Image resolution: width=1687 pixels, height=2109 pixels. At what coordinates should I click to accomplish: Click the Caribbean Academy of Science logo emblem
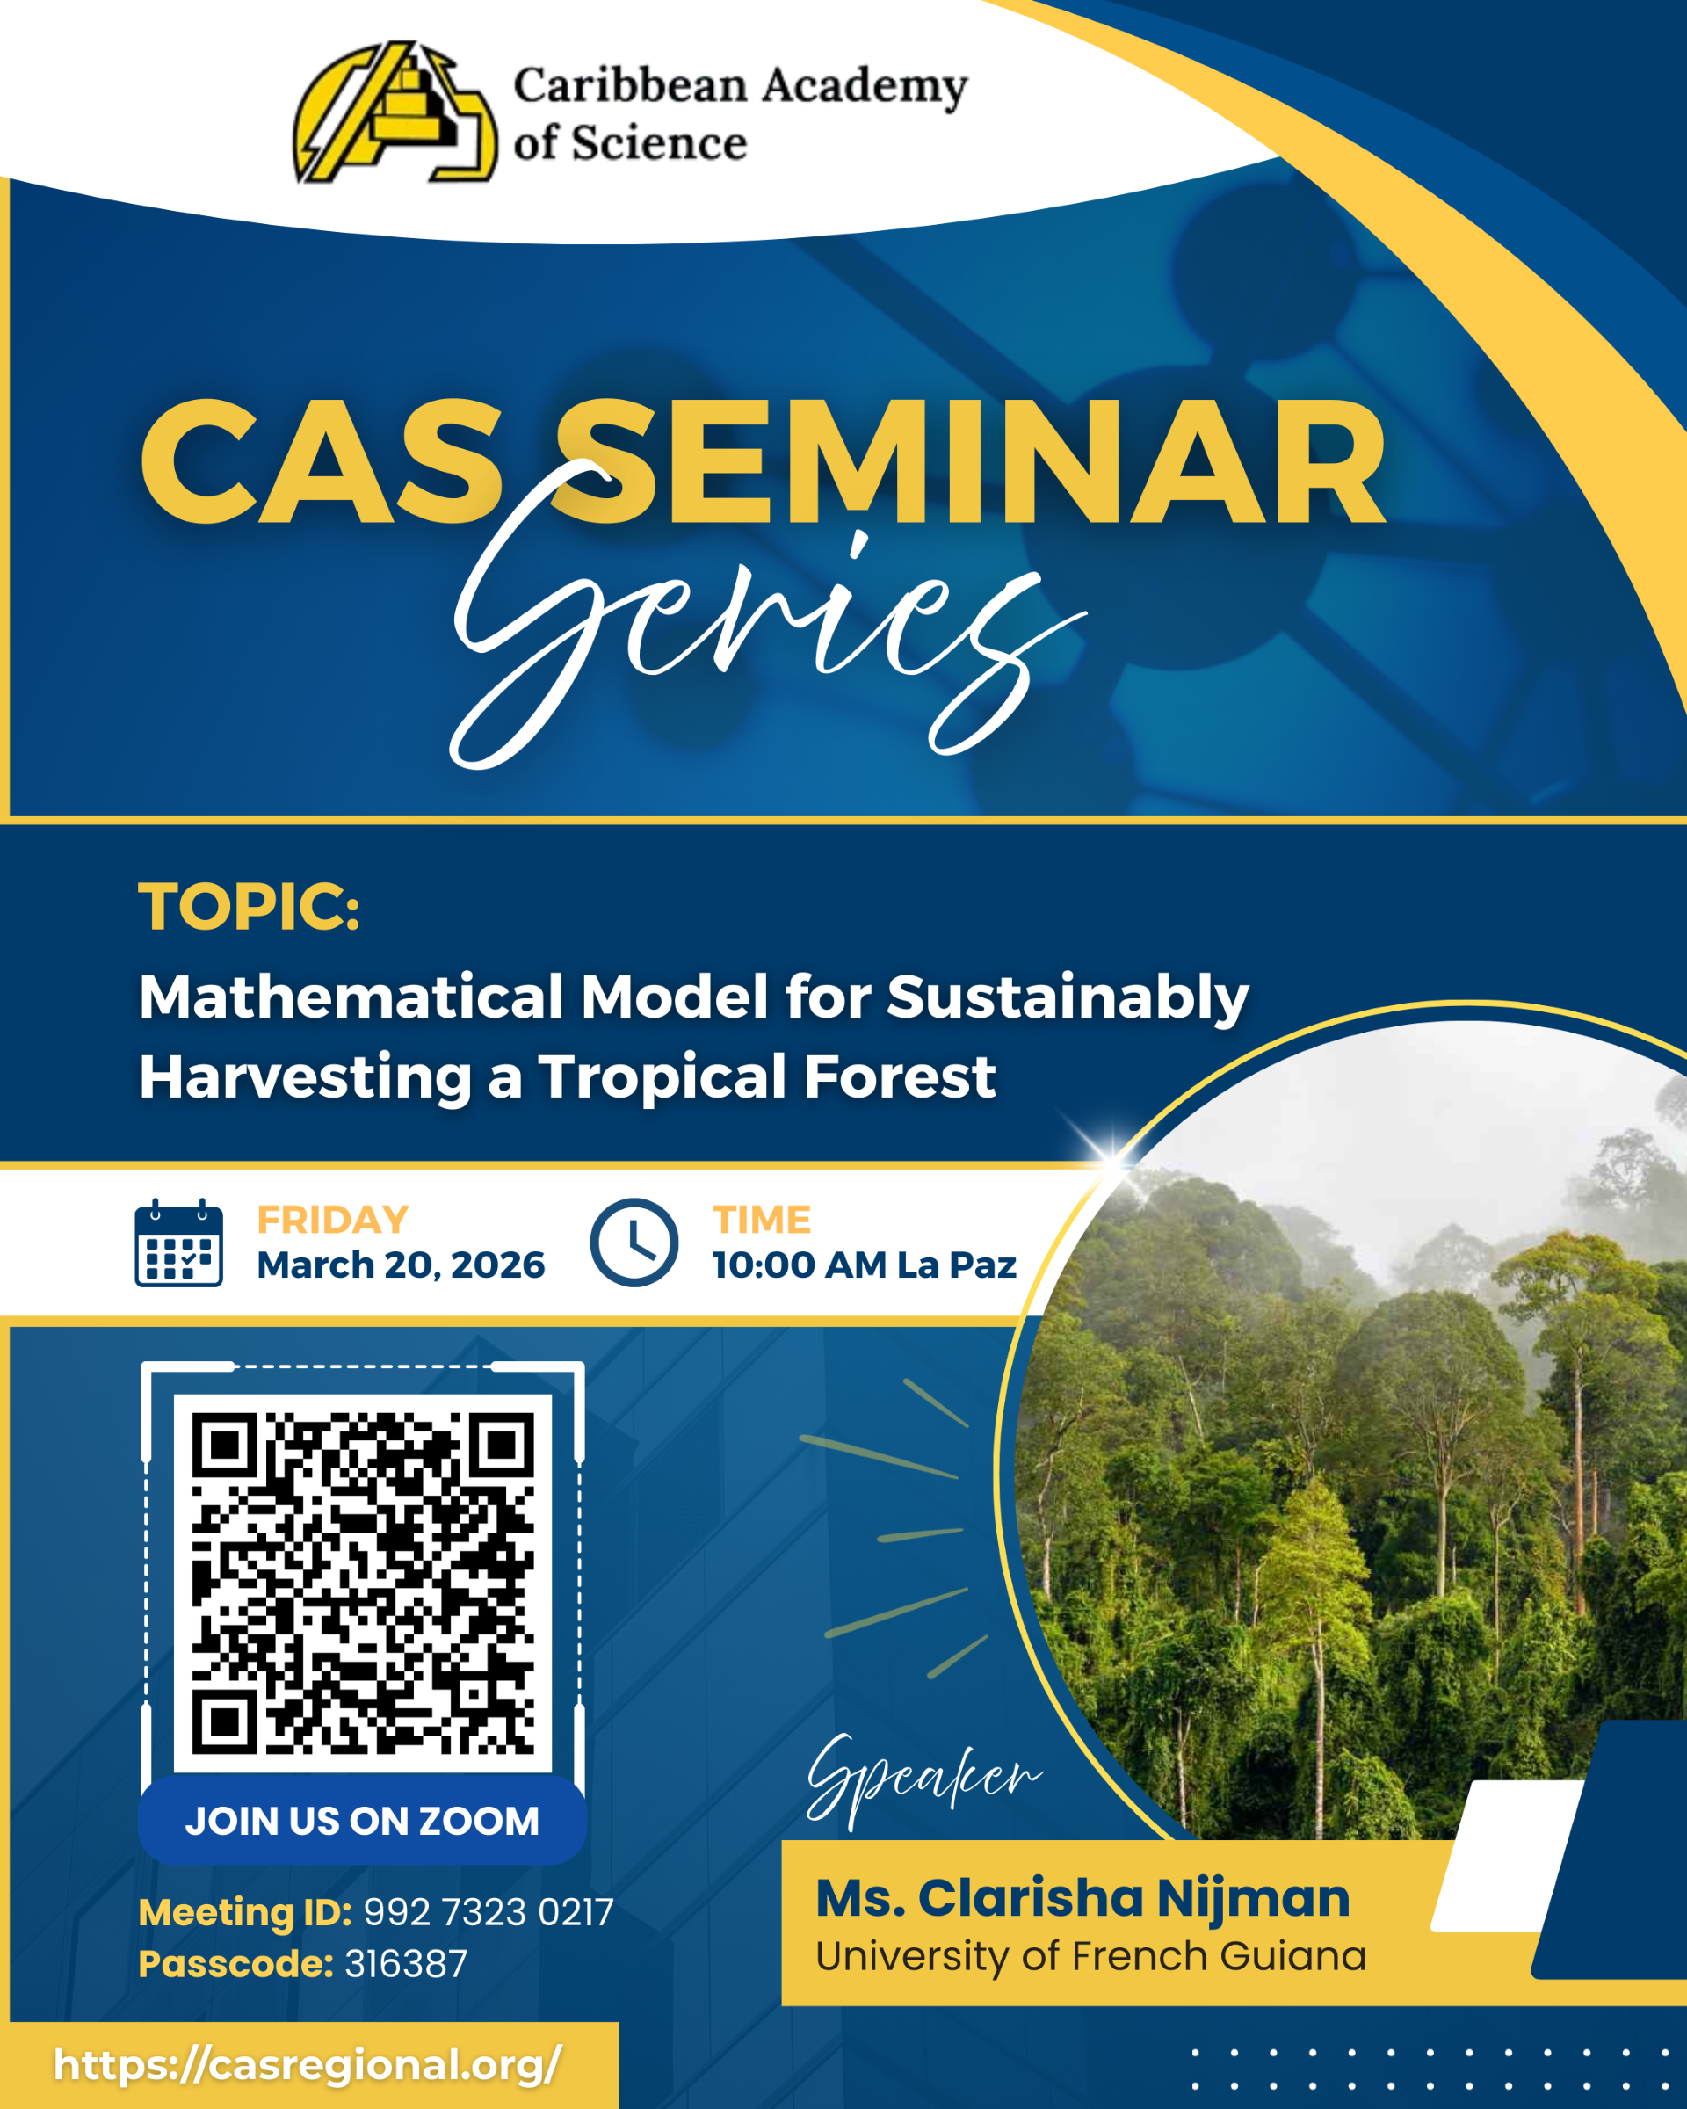click(395, 112)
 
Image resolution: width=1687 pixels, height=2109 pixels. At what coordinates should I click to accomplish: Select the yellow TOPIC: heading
click(250, 907)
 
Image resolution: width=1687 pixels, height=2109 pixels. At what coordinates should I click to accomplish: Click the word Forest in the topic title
click(899, 1077)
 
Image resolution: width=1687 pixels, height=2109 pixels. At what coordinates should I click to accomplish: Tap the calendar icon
click(179, 1243)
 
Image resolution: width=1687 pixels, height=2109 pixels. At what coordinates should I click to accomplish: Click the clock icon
click(634, 1243)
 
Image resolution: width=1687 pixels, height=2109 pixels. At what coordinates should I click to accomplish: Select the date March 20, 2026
click(401, 1265)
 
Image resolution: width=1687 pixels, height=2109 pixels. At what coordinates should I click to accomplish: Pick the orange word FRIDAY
click(332, 1220)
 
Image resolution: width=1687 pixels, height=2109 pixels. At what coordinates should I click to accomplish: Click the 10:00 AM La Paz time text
click(865, 1265)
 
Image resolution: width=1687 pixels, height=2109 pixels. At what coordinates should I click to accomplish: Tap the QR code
click(363, 1584)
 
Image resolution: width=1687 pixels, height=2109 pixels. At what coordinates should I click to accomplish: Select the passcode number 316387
click(406, 1963)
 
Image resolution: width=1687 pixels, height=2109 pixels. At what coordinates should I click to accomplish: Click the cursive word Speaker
click(924, 1778)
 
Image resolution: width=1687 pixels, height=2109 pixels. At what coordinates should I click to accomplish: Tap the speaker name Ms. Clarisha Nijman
click(1082, 1900)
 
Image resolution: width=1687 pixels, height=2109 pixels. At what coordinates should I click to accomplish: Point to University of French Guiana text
click(1090, 1956)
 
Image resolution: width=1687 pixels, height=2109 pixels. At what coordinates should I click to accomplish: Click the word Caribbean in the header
click(631, 85)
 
